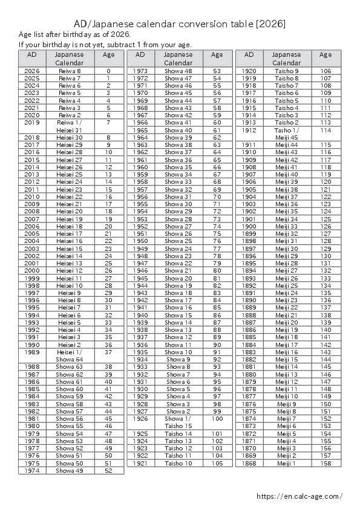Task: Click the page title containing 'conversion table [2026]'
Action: [x=180, y=24]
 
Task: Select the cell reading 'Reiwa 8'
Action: [x=70, y=71]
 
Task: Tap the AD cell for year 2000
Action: [x=32, y=270]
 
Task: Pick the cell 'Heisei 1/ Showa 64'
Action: [x=70, y=355]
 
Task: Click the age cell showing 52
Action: [x=109, y=470]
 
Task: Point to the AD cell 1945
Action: [x=140, y=277]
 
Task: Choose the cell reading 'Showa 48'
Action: [x=178, y=71]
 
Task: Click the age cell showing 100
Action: [x=217, y=418]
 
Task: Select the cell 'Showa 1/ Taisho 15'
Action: [x=178, y=422]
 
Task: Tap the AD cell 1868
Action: [x=249, y=463]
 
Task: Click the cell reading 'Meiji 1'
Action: [x=286, y=463]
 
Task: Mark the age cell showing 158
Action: [x=326, y=463]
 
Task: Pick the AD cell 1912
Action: [x=249, y=130]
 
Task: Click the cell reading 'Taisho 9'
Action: [x=286, y=71]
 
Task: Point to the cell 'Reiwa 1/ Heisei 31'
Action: [x=70, y=126]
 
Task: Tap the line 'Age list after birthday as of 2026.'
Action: [x=74, y=34]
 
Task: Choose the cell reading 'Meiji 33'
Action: [x=286, y=226]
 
